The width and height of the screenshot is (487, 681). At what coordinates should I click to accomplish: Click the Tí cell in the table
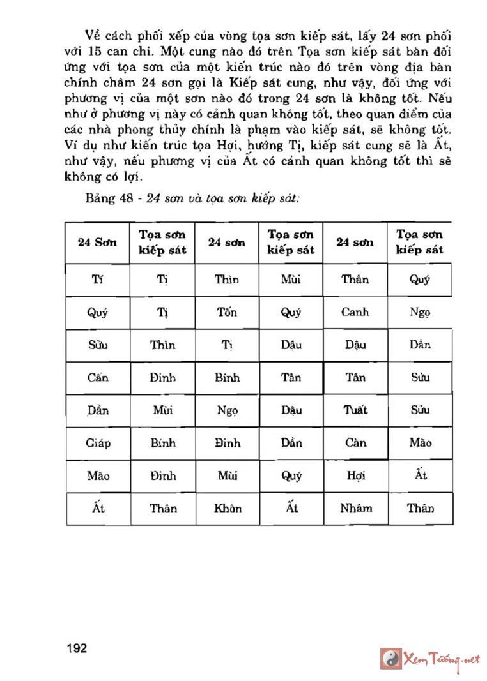pos(98,280)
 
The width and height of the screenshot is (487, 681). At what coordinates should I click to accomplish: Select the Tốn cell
pos(227,313)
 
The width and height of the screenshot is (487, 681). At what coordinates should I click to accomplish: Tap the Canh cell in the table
pos(355,313)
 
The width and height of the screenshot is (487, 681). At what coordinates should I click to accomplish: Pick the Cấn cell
pos(98,378)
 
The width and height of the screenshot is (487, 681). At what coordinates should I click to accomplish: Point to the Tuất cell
pos(355,410)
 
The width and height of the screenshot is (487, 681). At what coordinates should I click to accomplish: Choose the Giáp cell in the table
pos(98,443)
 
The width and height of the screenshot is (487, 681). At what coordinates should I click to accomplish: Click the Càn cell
pos(355,443)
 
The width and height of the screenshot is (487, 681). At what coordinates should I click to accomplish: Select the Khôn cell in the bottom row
pos(227,509)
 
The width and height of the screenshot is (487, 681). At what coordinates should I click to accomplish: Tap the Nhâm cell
pos(355,509)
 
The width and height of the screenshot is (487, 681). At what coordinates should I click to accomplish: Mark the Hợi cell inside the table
pos(355,476)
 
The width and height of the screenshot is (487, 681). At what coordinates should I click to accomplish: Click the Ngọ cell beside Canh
pos(420,313)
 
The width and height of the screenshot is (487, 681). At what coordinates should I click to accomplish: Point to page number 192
pos(75,648)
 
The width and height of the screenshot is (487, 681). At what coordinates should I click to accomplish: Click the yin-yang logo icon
pos(390,658)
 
